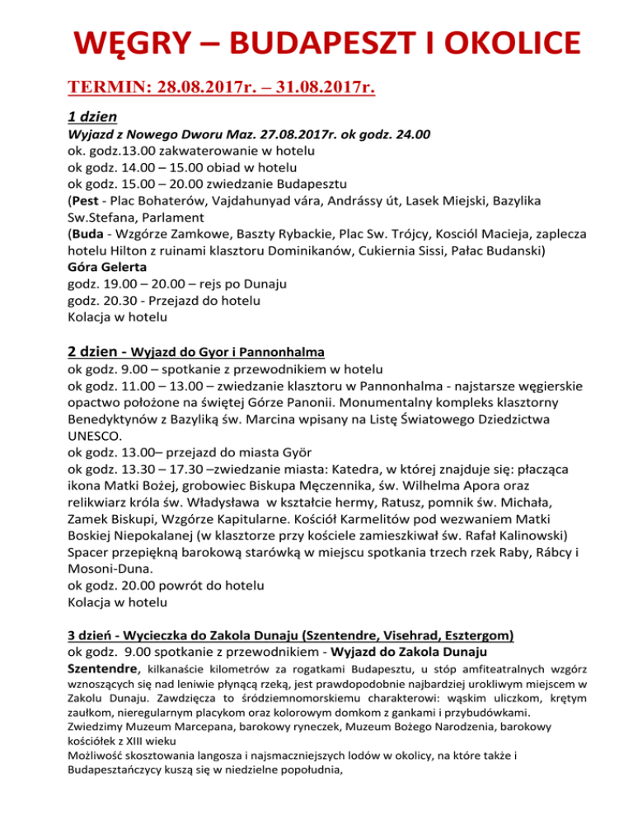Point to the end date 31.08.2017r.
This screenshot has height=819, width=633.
pyautogui.click(x=319, y=88)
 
